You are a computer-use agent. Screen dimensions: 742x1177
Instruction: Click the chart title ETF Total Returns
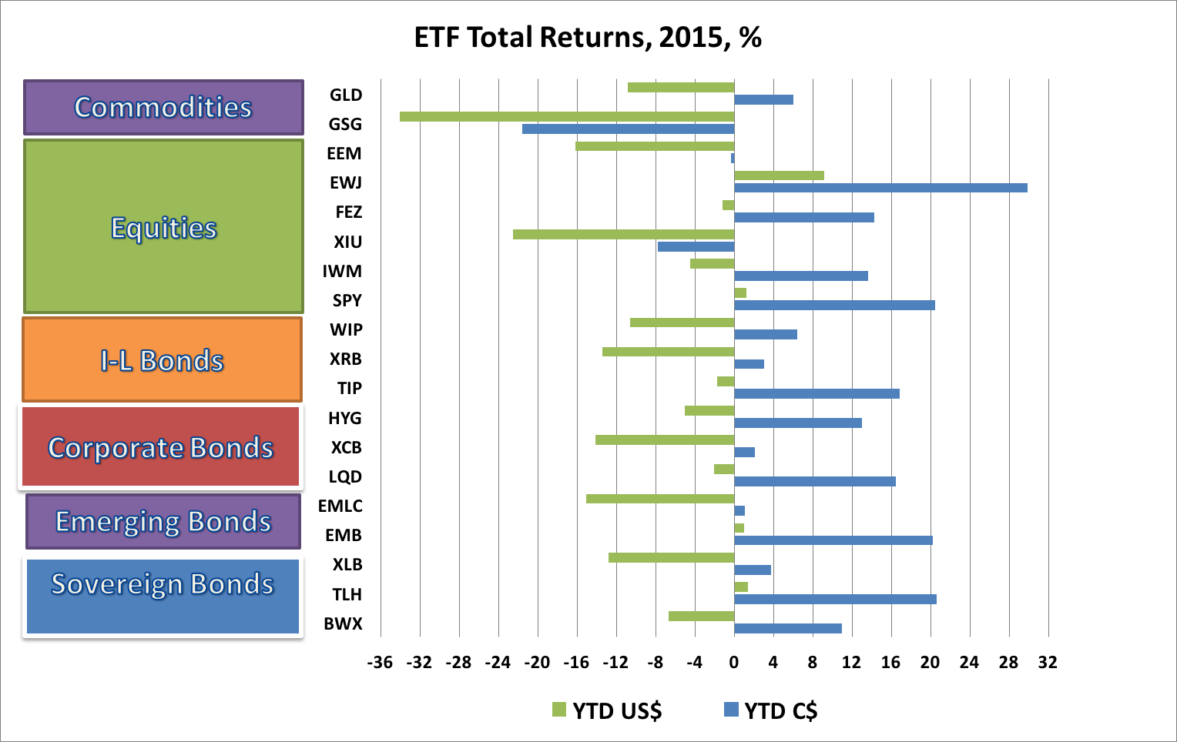588,37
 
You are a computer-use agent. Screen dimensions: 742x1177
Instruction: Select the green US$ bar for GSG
567,117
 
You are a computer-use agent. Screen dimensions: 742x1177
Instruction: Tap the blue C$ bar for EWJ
880,188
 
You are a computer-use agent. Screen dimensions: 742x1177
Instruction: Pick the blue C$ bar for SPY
834,306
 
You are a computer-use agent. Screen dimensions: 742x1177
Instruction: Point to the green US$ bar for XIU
623,234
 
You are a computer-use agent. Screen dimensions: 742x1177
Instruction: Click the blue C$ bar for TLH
835,599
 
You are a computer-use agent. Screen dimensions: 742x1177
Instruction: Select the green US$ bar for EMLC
660,499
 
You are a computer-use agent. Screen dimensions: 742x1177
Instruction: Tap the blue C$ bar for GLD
763,99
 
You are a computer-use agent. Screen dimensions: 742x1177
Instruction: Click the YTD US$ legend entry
608,710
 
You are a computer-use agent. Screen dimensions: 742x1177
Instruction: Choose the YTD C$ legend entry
771,710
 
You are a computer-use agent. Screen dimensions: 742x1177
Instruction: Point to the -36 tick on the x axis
380,663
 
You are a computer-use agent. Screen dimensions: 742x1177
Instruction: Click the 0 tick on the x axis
734,663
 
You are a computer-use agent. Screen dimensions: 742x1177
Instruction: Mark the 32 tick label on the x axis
1048,663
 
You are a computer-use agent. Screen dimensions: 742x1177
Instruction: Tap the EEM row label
344,153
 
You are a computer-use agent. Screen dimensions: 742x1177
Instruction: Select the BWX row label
343,623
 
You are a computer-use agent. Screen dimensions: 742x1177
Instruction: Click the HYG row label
344,418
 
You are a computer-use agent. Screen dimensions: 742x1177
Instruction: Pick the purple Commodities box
163,107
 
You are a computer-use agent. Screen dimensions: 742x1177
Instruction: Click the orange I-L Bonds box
162,359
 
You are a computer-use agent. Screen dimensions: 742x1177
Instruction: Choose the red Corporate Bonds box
160,446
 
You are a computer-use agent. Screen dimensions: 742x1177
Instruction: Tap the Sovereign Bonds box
163,596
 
